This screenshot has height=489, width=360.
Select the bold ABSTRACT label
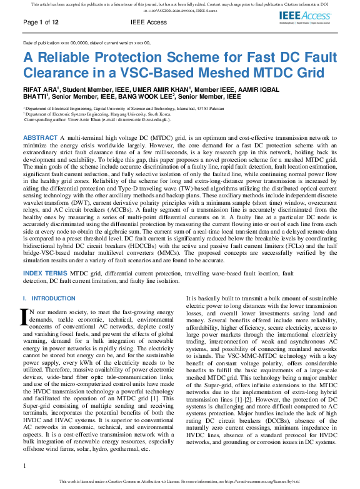40,137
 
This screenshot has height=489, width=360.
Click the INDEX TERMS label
46,274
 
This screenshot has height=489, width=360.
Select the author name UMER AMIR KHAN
159,90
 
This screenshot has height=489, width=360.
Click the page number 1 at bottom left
25,465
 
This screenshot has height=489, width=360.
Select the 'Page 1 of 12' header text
41,22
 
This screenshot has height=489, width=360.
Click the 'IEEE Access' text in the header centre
149,22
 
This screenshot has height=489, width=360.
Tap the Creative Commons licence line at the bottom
180,482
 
